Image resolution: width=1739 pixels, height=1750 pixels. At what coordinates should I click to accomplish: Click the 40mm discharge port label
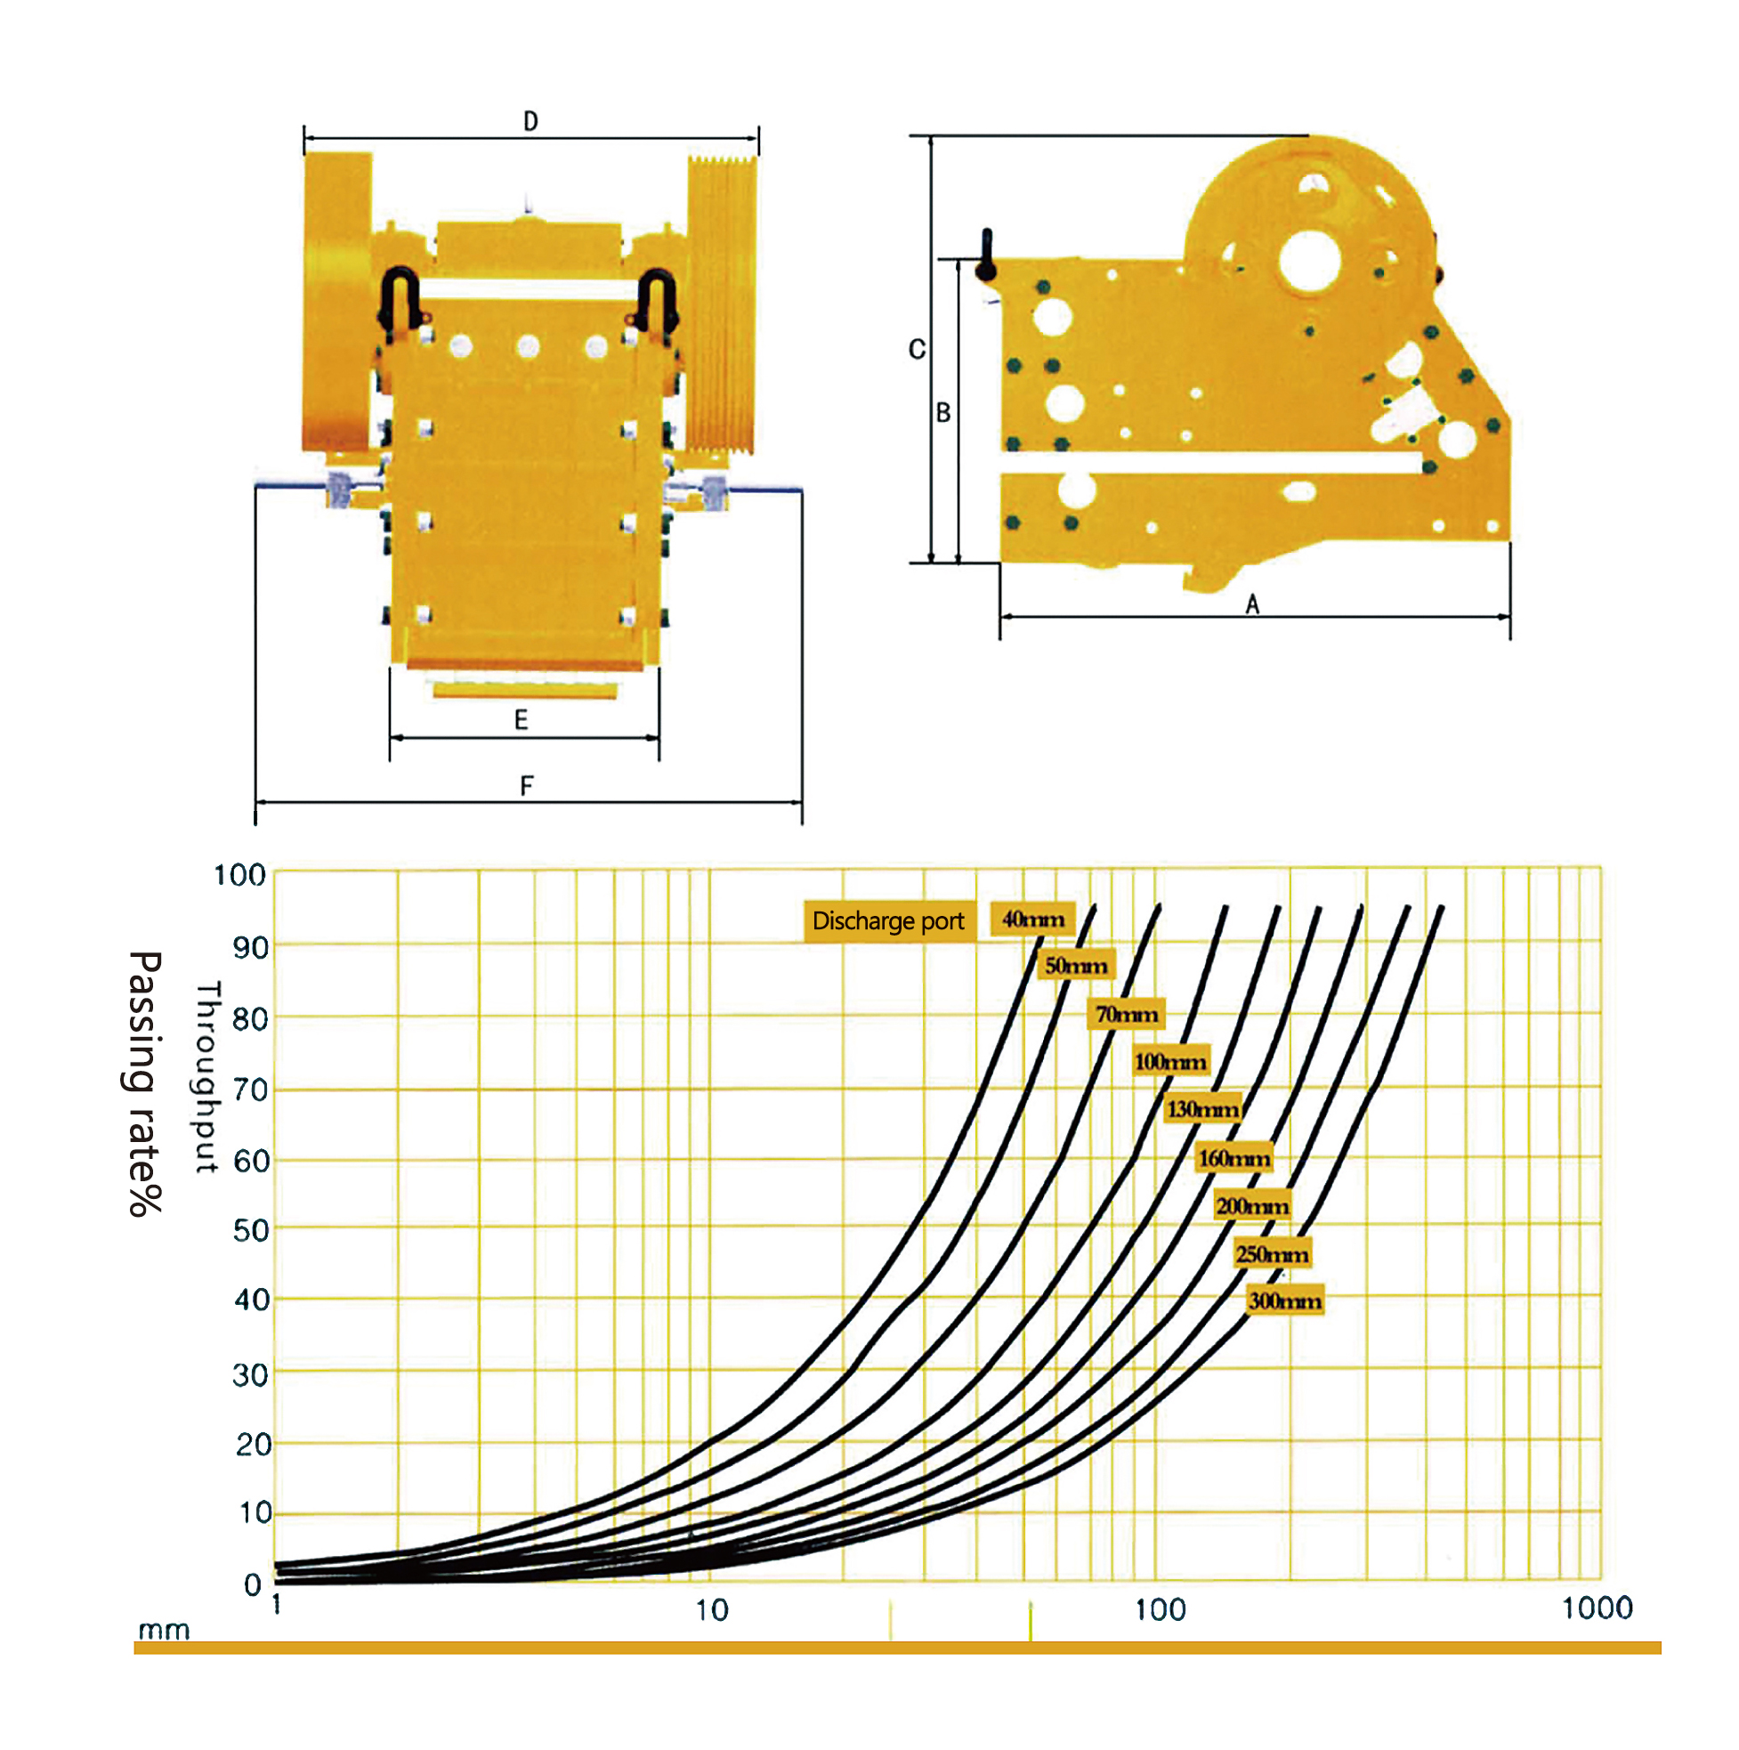point(1032,920)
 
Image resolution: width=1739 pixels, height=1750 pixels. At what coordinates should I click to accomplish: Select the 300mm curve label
point(1285,1300)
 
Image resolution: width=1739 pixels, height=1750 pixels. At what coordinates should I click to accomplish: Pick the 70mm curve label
point(1127,1015)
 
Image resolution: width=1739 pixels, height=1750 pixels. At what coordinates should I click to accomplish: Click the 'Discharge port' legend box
point(888,921)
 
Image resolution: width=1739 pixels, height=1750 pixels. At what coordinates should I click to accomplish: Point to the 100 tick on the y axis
point(240,875)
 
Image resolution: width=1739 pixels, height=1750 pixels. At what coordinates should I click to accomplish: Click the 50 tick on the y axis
point(251,1230)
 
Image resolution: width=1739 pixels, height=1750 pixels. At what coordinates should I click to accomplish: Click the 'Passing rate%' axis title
point(144,1083)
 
